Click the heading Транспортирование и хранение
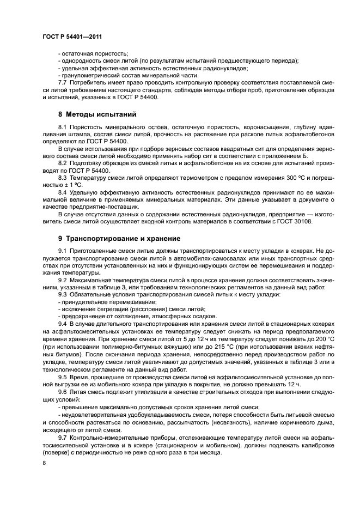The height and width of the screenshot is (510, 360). [125, 238]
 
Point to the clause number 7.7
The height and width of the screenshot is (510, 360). [63, 82]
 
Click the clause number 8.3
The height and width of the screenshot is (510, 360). [63, 178]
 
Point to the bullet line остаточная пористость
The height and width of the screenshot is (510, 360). [94, 54]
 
